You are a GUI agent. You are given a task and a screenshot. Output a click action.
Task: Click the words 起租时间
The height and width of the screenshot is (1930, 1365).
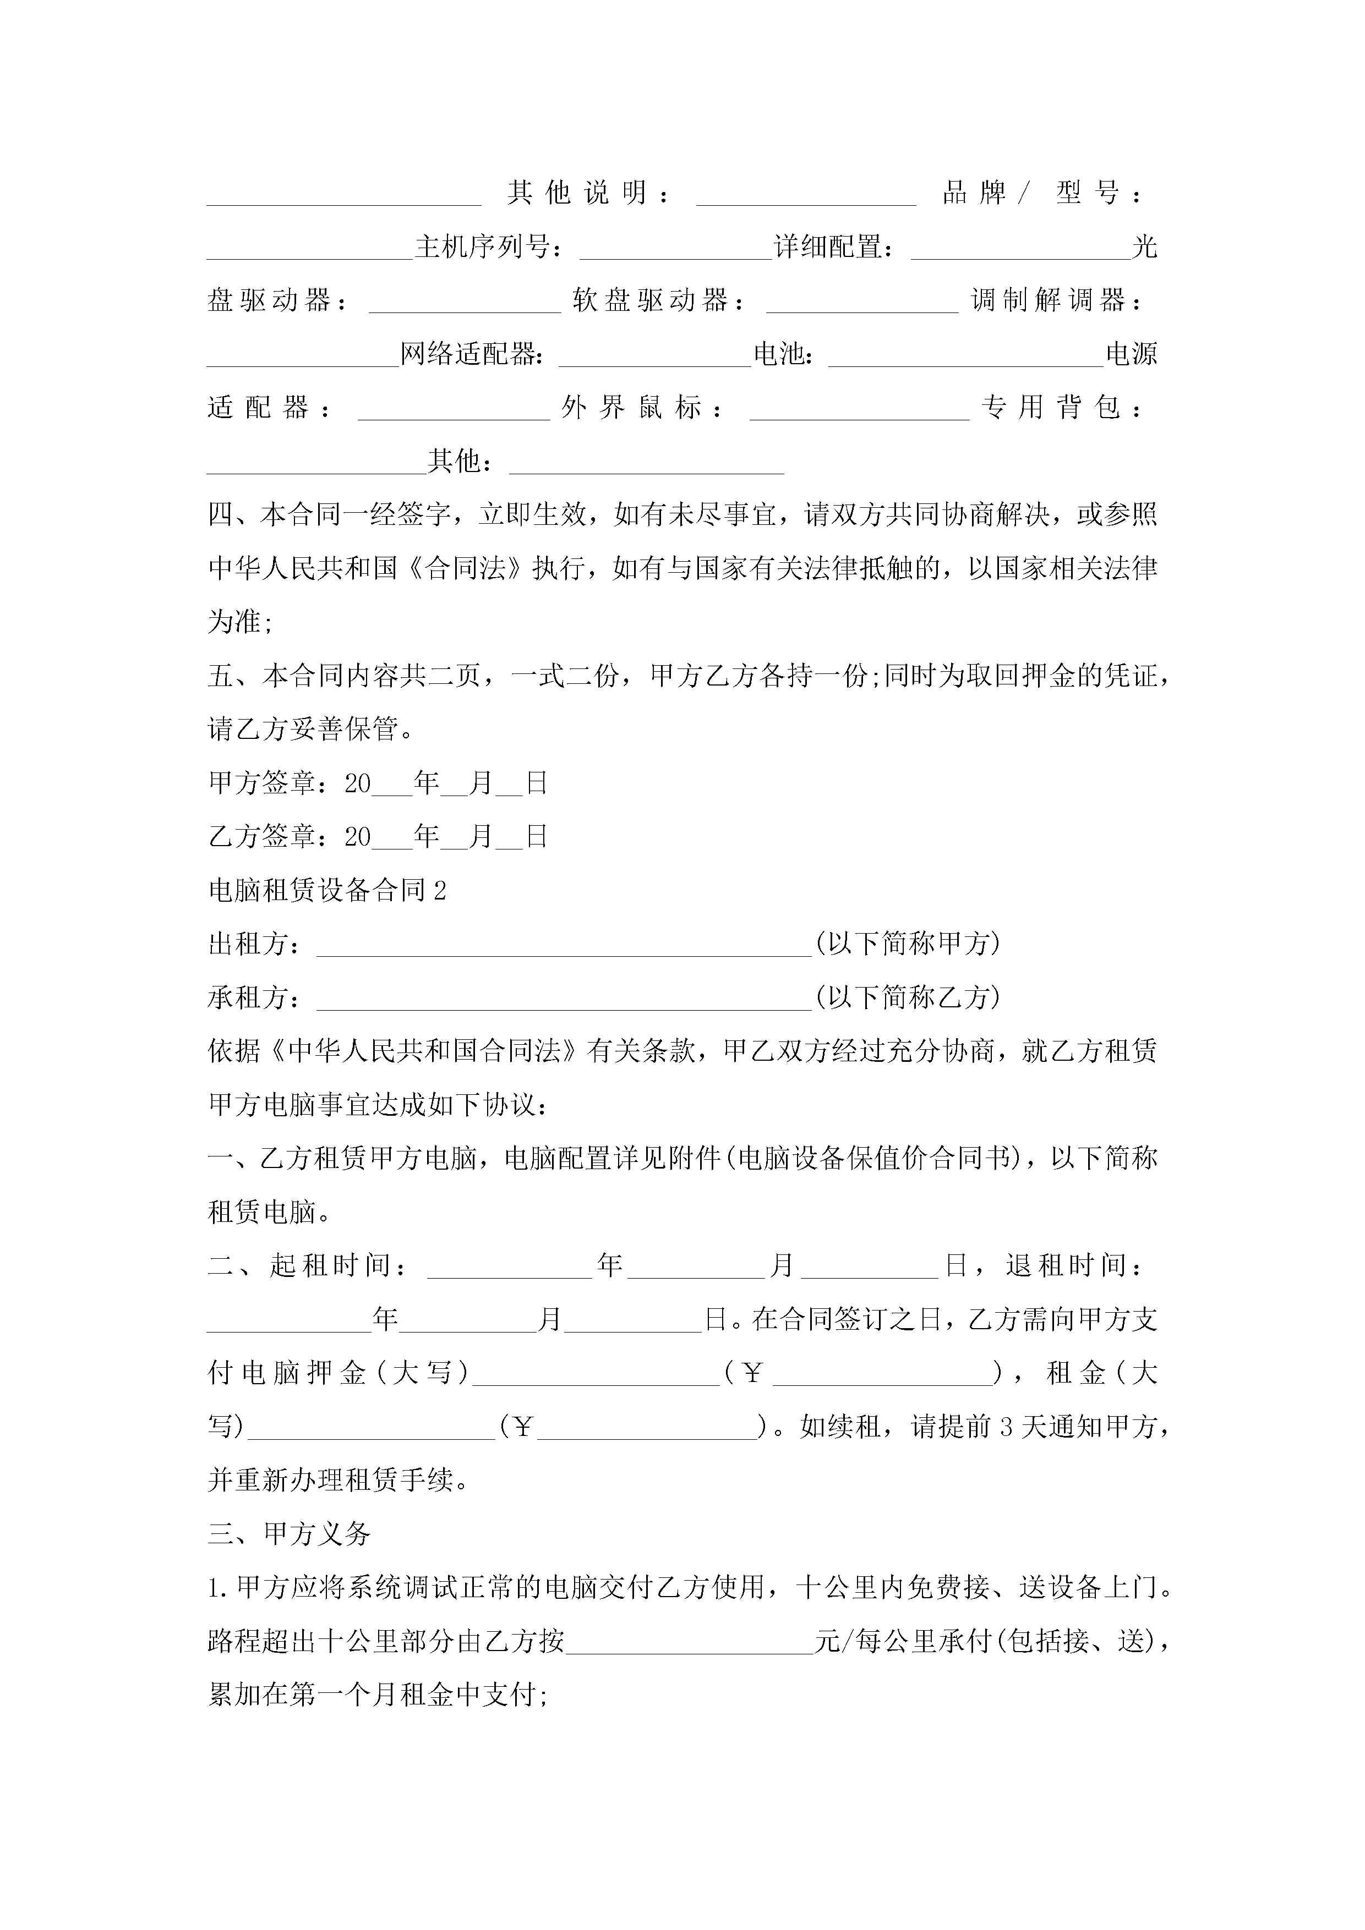point(336,1266)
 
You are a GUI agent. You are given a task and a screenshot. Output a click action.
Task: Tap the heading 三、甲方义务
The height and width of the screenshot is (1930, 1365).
point(290,1534)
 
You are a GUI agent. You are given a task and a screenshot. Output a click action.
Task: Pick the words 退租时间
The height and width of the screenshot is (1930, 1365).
point(1072,1266)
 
